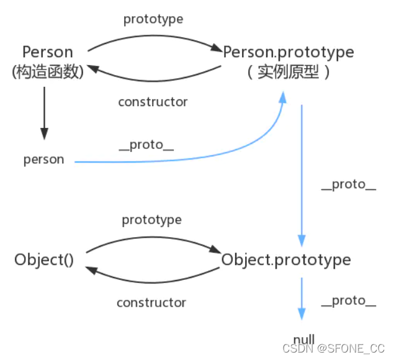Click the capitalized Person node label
coord(48,52)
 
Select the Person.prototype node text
coord(288,52)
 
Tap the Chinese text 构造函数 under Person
coord(48,72)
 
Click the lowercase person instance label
coord(44,160)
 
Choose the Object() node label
coord(44,259)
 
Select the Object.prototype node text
coord(286,259)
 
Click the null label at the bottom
coord(304,338)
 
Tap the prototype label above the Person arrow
coord(153,19)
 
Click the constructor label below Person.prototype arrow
coord(153,102)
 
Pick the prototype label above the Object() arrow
coord(151,220)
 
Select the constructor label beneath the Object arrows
coord(151,303)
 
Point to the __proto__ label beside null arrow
coord(349,301)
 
